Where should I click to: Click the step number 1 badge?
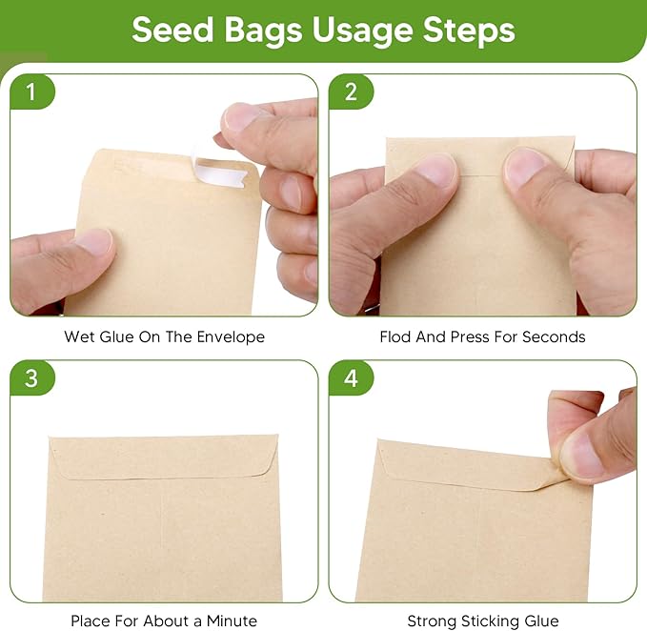31,92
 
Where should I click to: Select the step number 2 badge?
351,92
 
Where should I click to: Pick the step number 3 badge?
31,378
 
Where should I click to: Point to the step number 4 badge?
351,378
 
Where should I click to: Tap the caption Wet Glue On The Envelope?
164,336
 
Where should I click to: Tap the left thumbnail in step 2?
436,170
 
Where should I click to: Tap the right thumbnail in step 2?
526,168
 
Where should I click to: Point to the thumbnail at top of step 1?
241,117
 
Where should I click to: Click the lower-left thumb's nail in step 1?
93,240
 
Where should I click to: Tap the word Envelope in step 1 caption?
233,336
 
